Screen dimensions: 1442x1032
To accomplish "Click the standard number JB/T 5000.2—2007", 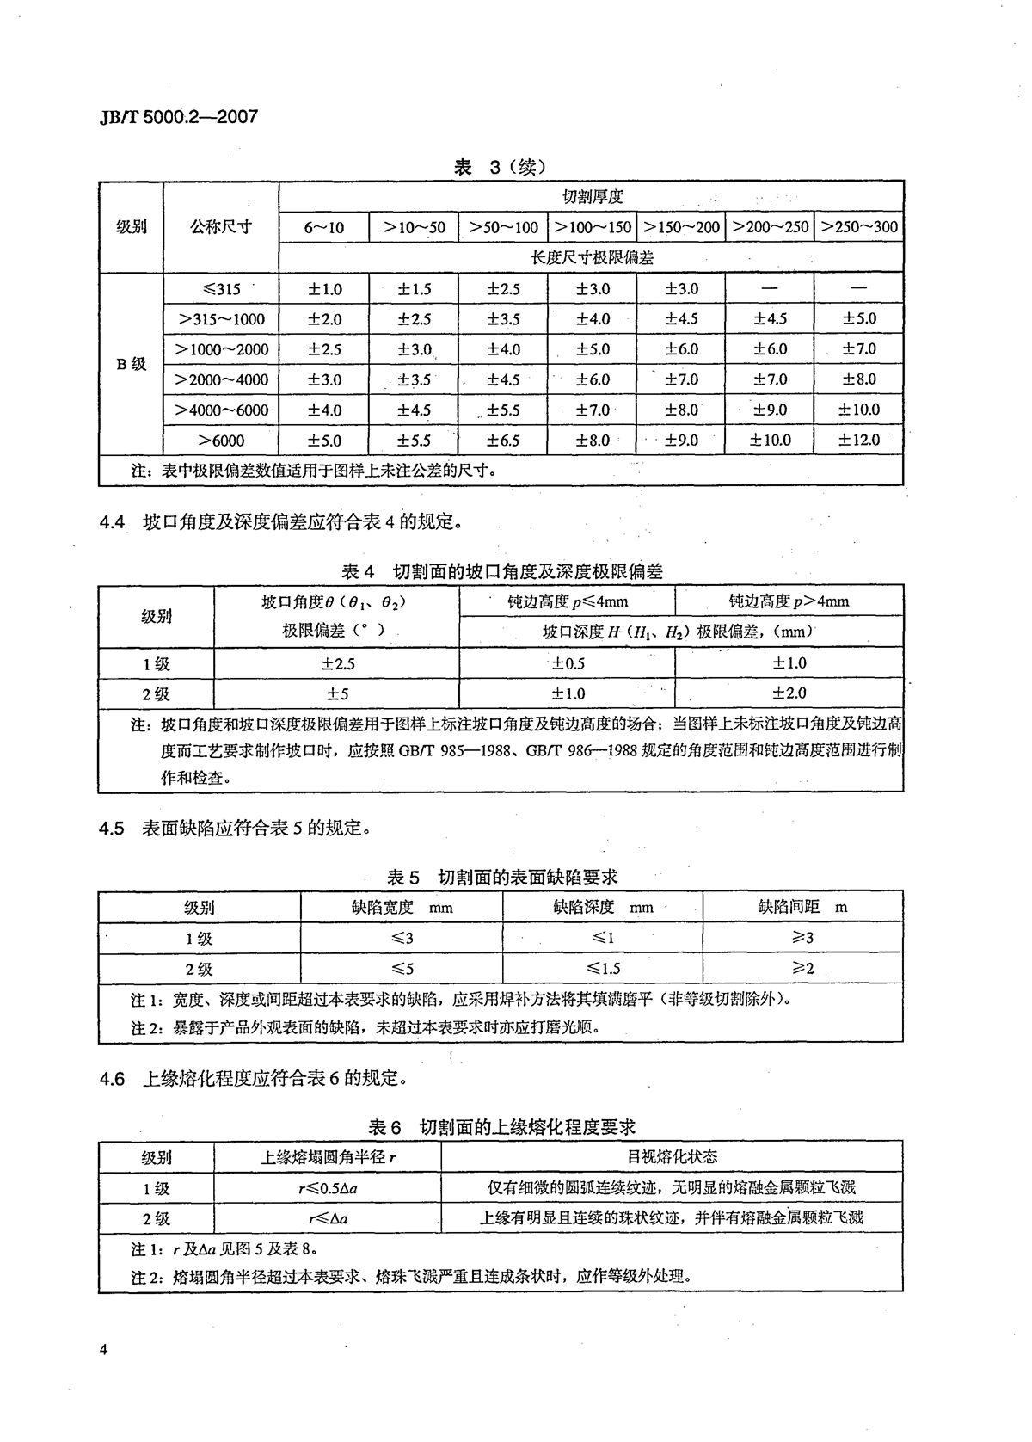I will pos(179,116).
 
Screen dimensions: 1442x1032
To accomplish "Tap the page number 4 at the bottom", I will pos(103,1349).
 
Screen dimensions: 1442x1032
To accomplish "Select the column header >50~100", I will pos(503,227).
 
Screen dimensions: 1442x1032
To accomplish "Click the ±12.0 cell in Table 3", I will pos(858,440).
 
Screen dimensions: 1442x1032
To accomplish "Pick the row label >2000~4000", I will pos(221,379).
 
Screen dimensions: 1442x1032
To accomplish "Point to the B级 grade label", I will pos(132,364).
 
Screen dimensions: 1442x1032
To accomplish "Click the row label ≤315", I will pos(221,289).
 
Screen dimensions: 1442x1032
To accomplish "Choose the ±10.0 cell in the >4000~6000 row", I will pos(858,410).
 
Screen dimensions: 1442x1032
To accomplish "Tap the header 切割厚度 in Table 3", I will pos(592,197).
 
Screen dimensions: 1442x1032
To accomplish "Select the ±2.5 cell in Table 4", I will pos(337,664).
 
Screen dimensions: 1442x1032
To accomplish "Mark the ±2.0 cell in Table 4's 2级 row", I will pos(789,693).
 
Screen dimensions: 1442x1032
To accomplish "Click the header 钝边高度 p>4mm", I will pos(789,601).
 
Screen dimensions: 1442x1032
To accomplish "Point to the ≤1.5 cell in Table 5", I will pos(603,969).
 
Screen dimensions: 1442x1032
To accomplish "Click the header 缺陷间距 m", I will pos(802,907).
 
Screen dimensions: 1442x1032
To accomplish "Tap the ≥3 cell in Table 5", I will pos(802,938).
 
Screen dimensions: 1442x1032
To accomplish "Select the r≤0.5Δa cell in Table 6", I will pos(328,1188).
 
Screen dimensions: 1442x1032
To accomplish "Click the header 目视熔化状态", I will pos(672,1157).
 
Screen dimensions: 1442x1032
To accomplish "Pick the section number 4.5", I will pos(112,829).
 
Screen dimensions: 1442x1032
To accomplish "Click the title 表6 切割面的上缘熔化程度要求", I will pos(501,1126).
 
